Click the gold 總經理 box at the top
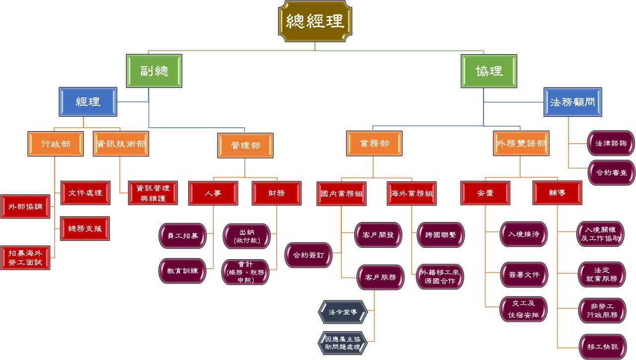pos(315,20)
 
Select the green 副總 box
pos(155,70)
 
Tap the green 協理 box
pos(489,70)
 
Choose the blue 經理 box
pos(88,102)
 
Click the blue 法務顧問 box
pos(572,102)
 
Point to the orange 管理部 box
pos(245,145)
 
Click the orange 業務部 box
pos(374,144)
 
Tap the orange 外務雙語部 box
pos(521,144)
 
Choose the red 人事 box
pos(213,193)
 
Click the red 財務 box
pos(276,193)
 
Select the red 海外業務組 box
pos(411,194)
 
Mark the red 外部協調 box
pos(25,207)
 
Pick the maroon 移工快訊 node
pos(602,347)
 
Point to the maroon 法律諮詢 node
pos(611,143)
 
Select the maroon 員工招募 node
pos(182,236)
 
